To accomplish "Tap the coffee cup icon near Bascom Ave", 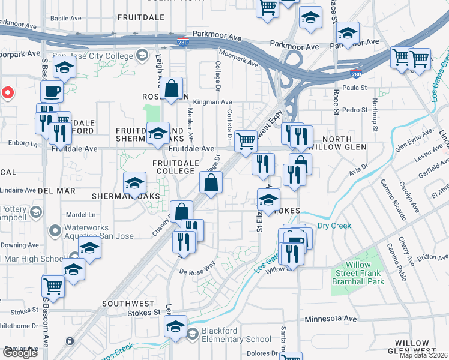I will (x=52, y=91).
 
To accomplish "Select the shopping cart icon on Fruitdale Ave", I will (x=246, y=142).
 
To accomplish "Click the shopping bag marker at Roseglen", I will (x=172, y=89).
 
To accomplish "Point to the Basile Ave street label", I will (x=65, y=18).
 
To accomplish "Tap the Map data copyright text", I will (x=423, y=355).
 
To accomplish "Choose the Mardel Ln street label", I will (x=81, y=214).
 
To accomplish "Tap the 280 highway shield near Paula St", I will (x=356, y=74).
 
